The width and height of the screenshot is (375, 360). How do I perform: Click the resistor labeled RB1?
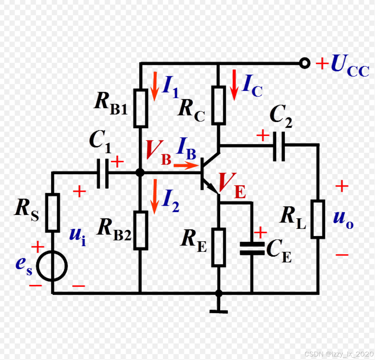140,108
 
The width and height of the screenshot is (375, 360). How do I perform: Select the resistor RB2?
140,230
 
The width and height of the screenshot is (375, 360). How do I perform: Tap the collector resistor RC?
219,105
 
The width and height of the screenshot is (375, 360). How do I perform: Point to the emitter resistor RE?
219,247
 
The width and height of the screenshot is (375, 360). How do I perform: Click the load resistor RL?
318,219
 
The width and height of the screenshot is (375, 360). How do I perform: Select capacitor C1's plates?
103,173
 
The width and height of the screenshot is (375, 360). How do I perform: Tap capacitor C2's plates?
279,144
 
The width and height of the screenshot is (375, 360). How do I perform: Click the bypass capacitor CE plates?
252,248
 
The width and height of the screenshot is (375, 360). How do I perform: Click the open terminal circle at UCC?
304,63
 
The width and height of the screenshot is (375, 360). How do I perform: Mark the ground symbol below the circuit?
219,311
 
